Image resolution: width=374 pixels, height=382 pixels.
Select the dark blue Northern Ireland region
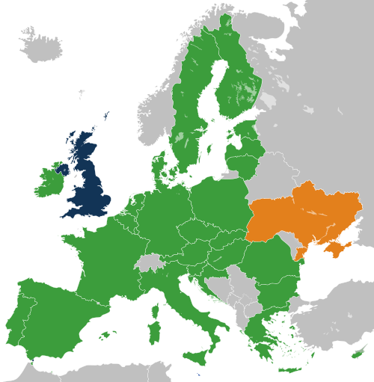62,169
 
